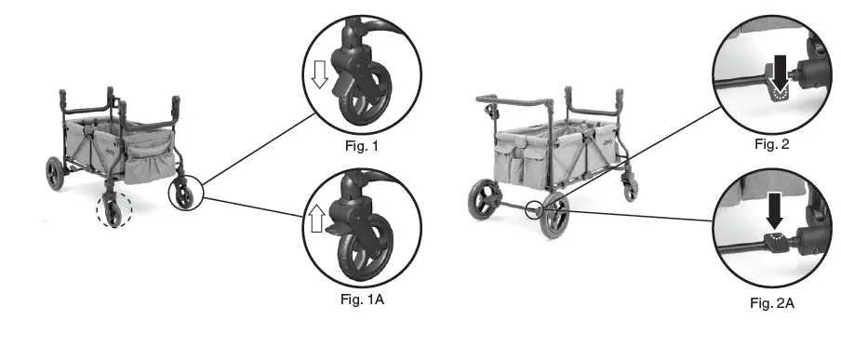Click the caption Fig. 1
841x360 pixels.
(361, 145)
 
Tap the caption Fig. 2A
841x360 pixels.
(771, 302)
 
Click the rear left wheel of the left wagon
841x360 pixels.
(54, 173)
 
